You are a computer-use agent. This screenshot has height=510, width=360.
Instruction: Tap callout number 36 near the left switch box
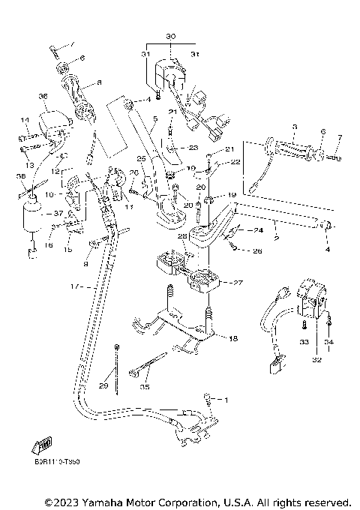coord(43,96)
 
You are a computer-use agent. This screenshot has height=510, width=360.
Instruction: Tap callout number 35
coord(145,387)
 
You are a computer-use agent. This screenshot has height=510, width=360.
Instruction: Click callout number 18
coord(233,339)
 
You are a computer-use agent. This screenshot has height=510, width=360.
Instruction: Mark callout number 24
coord(258,230)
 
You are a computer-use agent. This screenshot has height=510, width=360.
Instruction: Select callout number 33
coord(304,342)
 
